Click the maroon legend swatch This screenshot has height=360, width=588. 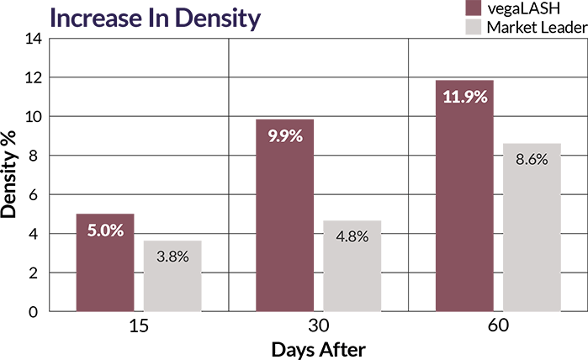pos(473,8)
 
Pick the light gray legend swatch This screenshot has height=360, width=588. pos(473,26)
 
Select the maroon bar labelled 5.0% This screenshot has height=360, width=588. pos(105,269)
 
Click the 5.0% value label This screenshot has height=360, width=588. pos(105,230)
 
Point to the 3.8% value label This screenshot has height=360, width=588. pos(172,257)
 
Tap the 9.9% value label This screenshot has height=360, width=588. pos(285,135)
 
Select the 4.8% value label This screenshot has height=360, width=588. pos(352,236)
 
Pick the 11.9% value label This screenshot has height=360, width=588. pos(464,97)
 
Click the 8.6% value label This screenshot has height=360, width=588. pos(532,159)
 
